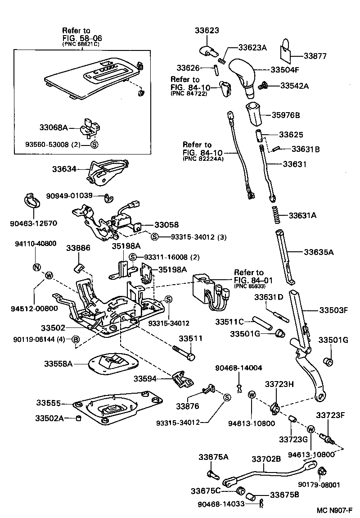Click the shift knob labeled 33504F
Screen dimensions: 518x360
pos(243,74)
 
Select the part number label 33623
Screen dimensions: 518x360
pos(207,31)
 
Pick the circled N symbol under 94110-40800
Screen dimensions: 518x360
pos(36,267)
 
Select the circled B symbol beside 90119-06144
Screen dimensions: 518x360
pos(76,339)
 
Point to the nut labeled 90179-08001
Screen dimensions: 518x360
pos(322,472)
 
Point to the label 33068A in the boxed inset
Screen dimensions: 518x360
pos(52,128)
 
